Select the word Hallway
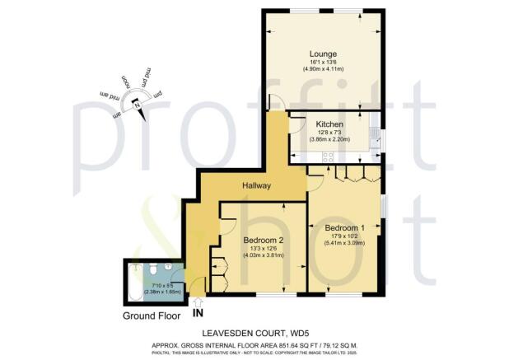(257, 186)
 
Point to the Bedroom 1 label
(343, 227)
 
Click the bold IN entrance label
(197, 313)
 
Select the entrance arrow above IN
(196, 302)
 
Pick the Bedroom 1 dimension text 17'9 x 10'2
(343, 236)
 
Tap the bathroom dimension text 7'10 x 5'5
(156, 284)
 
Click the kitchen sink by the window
(373, 134)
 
